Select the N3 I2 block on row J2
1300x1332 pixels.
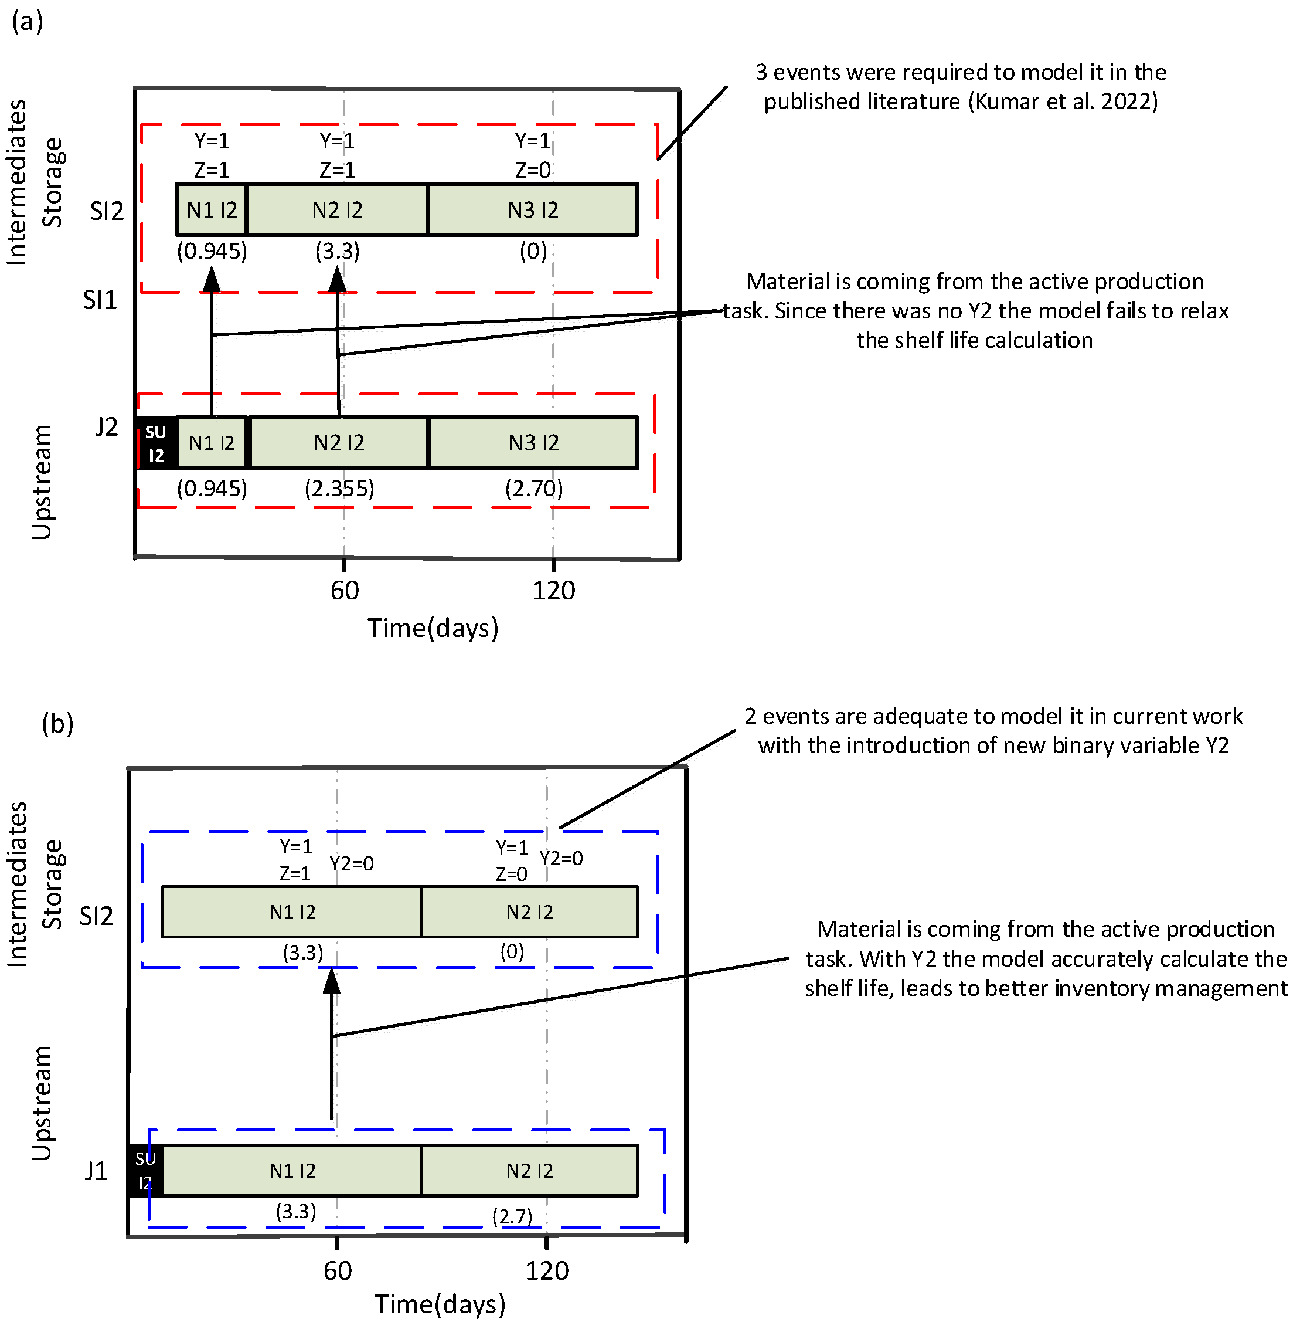533,443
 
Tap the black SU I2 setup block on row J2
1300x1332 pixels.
156,443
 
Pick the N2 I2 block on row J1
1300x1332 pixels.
530,1171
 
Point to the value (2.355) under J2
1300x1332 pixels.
339,489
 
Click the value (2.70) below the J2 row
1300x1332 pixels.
534,489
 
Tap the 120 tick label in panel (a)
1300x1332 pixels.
554,590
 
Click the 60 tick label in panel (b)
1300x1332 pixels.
337,1270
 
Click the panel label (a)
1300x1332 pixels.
28,21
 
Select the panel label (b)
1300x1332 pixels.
57,723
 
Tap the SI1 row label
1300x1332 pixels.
100,300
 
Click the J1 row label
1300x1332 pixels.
96,1171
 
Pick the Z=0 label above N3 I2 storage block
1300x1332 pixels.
533,170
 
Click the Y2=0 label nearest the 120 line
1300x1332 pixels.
561,858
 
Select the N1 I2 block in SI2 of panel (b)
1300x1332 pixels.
292,912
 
